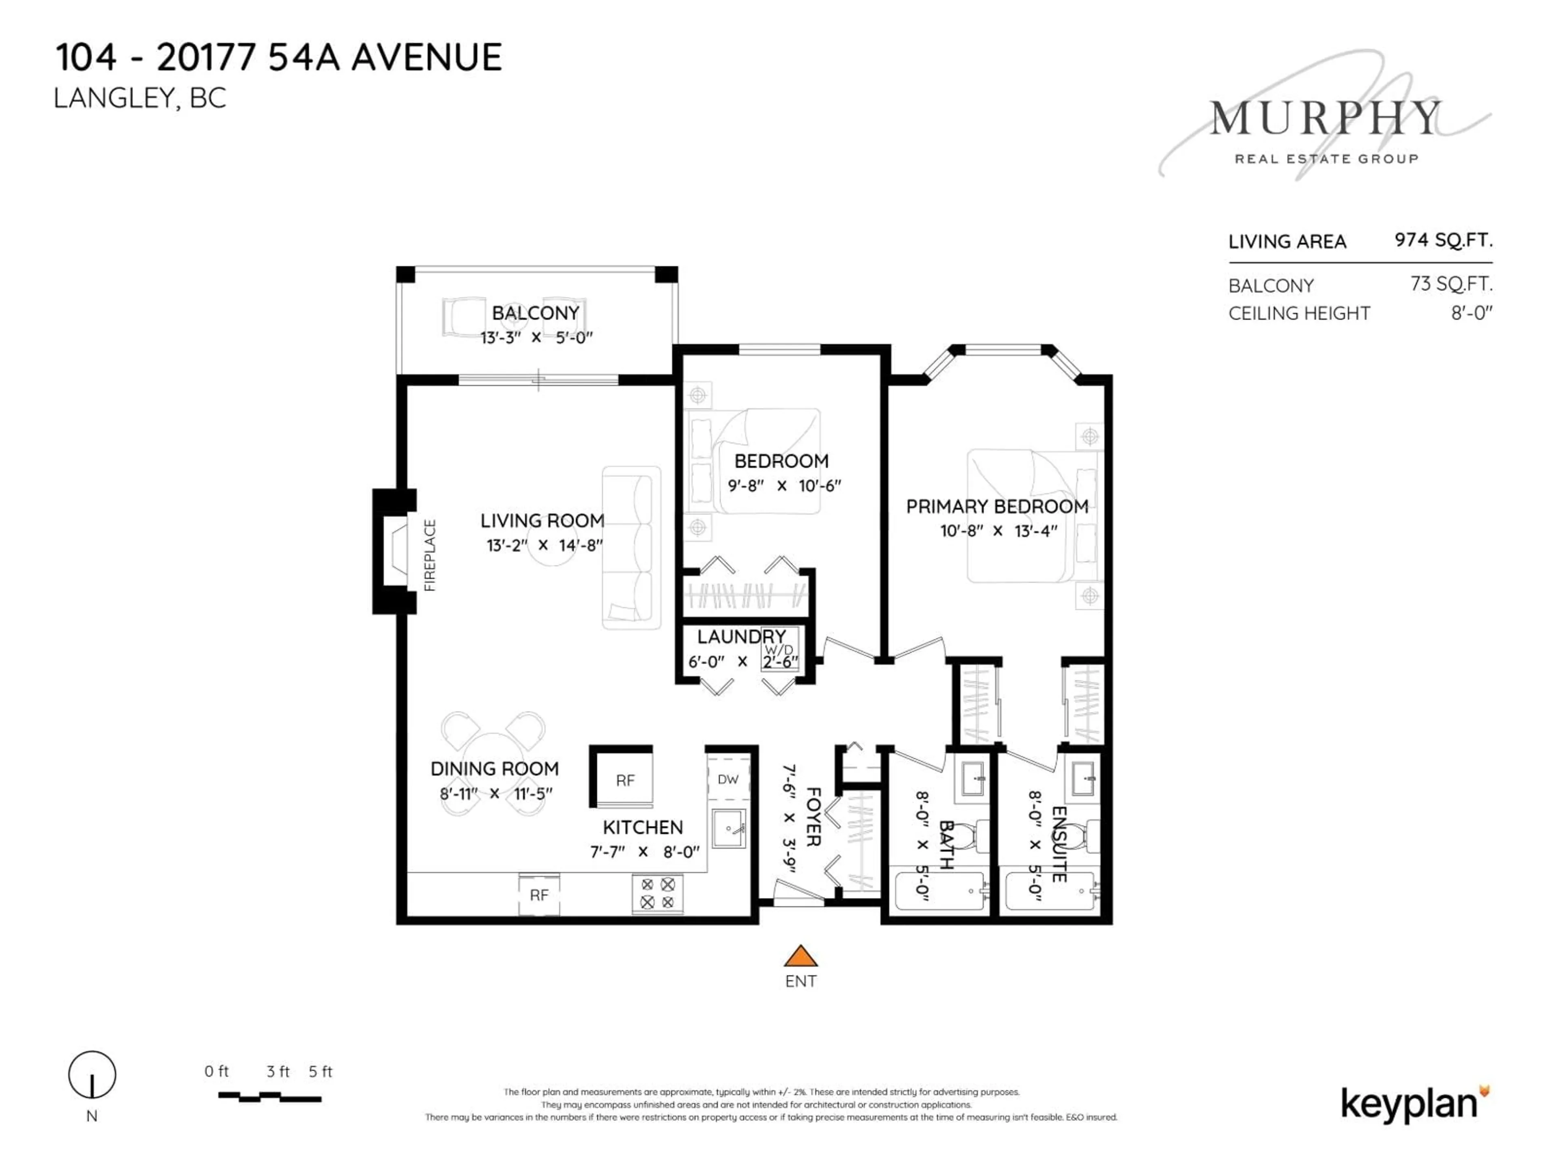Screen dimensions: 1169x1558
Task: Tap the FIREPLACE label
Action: pos(430,555)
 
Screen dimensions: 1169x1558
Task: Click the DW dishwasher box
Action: pos(727,779)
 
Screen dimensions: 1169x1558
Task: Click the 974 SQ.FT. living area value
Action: pos(1443,240)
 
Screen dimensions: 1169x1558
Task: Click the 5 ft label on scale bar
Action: pos(321,1072)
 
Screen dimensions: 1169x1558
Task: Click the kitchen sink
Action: pos(729,829)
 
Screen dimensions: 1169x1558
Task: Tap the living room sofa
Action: pos(631,548)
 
